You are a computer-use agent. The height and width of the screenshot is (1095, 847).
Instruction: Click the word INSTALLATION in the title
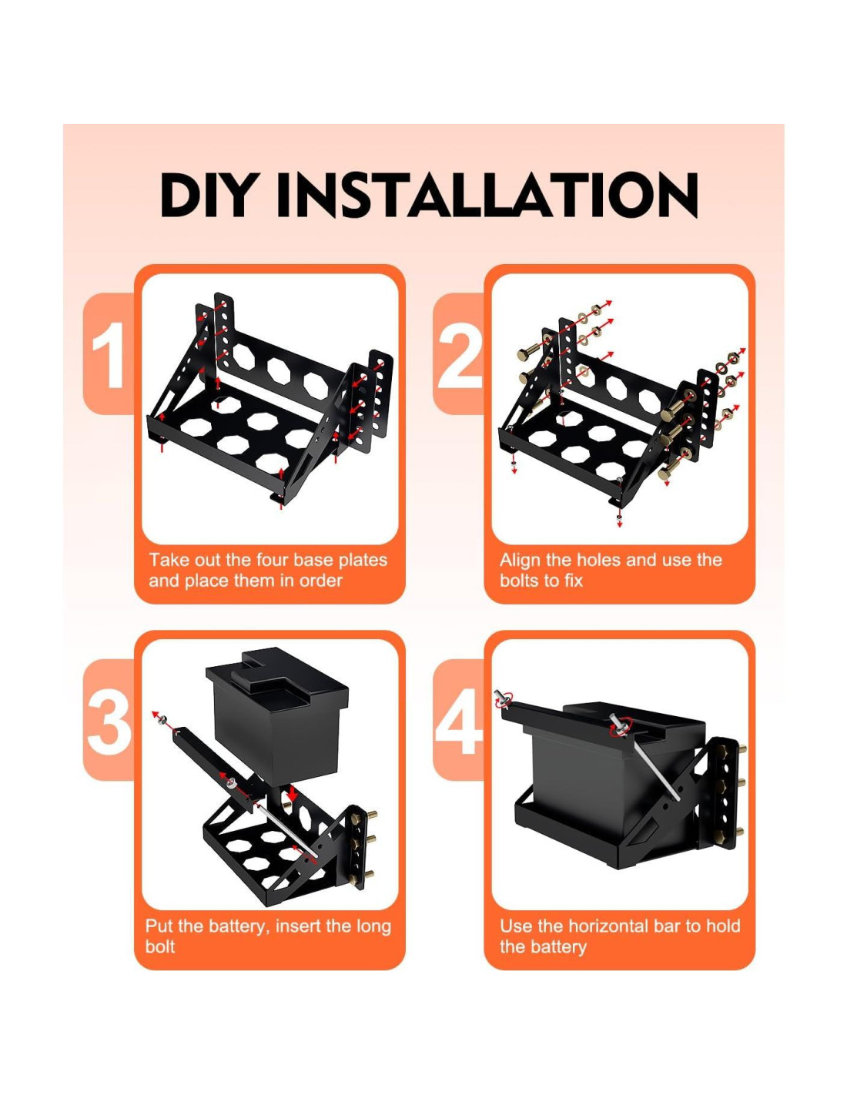tap(487, 195)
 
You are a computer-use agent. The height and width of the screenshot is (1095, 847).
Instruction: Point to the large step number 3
tap(109, 721)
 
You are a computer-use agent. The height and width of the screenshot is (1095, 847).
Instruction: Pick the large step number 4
tap(458, 721)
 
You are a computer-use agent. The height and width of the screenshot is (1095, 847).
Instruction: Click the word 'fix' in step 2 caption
tap(573, 580)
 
